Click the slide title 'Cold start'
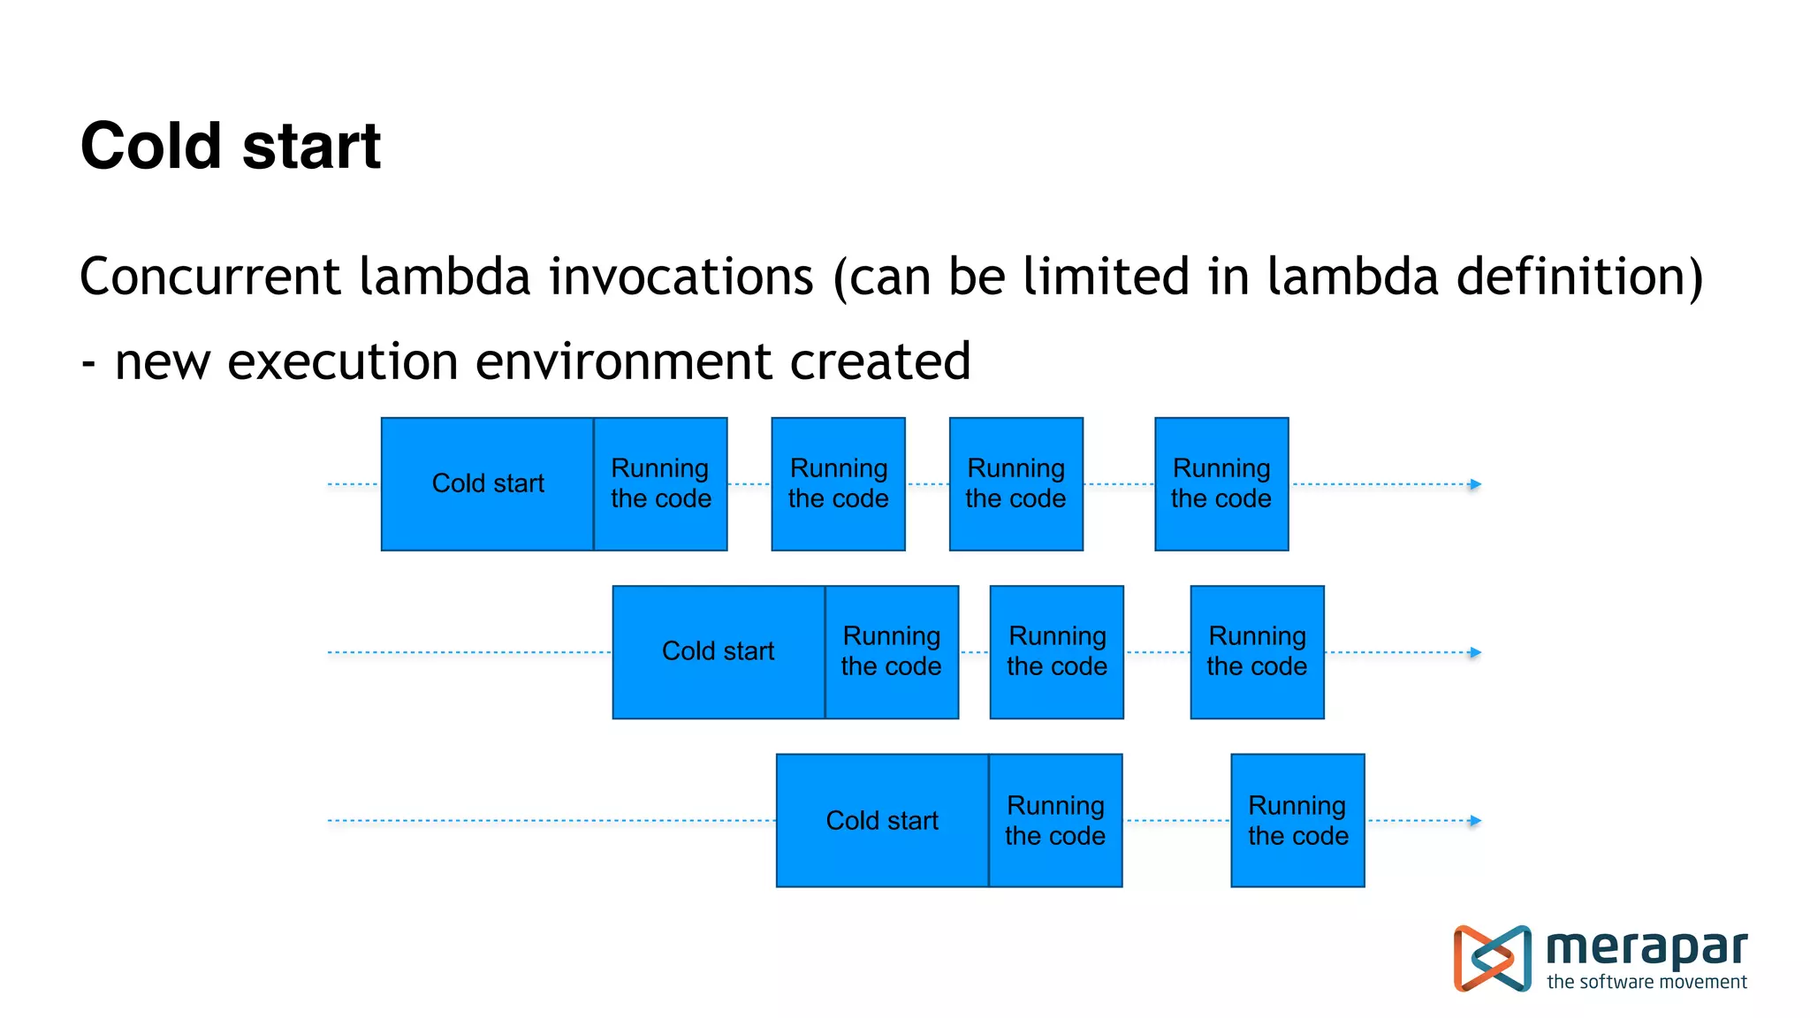pyautogui.click(x=231, y=146)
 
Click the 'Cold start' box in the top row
pyautogui.click(x=488, y=484)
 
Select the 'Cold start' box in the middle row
pyautogui.click(x=719, y=652)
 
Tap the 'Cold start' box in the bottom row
pyautogui.click(x=882, y=821)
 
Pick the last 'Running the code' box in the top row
pyautogui.click(x=1221, y=484)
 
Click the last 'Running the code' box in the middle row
pyautogui.click(x=1257, y=652)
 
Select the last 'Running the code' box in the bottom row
pyautogui.click(x=1297, y=821)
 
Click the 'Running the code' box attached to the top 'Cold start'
pyautogui.click(x=661, y=484)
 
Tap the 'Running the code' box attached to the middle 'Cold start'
pyautogui.click(x=892, y=652)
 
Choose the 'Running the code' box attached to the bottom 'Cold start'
pyautogui.click(x=1055, y=821)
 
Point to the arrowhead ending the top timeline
pyautogui.click(x=1475, y=484)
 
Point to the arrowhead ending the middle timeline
pyautogui.click(x=1475, y=653)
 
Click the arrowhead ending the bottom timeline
pyautogui.click(x=1475, y=821)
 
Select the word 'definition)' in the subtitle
pyautogui.click(x=1579, y=277)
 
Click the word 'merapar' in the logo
pyautogui.click(x=1646, y=948)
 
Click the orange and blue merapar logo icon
pyautogui.click(x=1492, y=958)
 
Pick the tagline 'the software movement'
pyautogui.click(x=1646, y=982)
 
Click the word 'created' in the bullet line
pyautogui.click(x=880, y=361)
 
